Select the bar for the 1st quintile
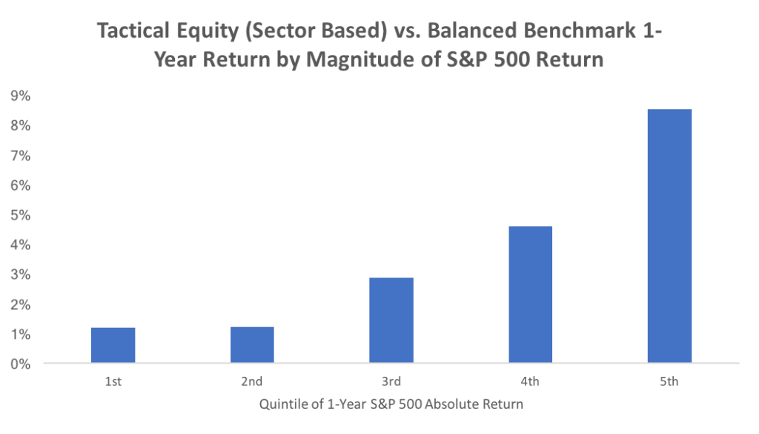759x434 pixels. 113,345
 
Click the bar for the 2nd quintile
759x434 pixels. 252,344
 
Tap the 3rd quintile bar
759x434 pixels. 391,320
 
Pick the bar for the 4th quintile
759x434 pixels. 530,295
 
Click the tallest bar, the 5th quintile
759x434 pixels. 669,236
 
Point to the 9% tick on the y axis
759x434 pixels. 20,96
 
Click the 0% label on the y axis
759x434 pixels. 20,364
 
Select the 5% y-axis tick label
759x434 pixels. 20,215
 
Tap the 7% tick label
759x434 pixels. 20,156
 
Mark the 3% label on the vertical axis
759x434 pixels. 20,274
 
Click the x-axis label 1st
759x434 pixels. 113,381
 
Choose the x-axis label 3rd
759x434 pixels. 391,381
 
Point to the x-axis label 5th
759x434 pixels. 669,381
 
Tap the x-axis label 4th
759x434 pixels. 530,381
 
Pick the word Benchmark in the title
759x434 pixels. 580,30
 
